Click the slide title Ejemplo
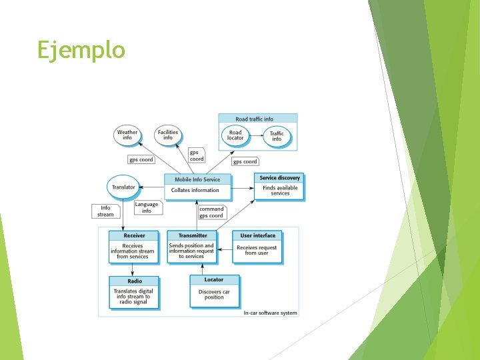coord(81,50)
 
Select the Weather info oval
coord(127,135)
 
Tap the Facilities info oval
coord(168,135)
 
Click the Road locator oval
coord(235,135)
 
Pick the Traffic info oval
coord(277,136)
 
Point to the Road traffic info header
coord(254,119)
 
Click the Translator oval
coord(123,187)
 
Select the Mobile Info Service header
coord(197,179)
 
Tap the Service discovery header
coord(280,178)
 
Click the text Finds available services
coord(280,191)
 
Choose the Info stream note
coord(105,211)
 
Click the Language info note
coord(147,208)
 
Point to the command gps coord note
coord(211,212)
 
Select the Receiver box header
coord(135,235)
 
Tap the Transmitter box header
coord(192,235)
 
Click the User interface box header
coord(257,235)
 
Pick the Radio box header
coord(135,281)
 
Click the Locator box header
coord(214,280)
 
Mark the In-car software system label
coord(270,313)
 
